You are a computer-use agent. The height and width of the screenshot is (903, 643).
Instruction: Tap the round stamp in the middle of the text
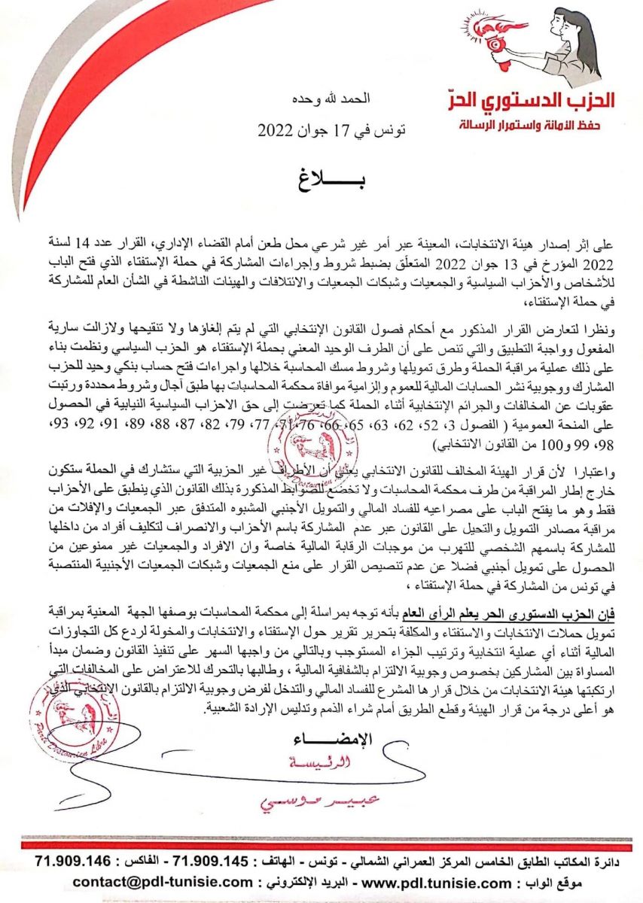point(316,445)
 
